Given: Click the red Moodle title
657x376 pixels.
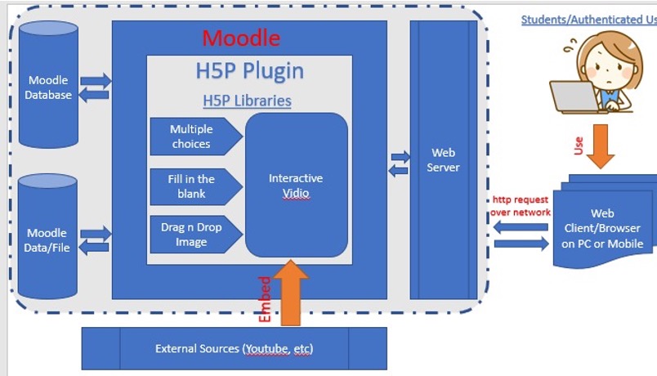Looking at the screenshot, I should [241, 38].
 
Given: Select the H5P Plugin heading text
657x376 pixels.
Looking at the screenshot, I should [249, 71].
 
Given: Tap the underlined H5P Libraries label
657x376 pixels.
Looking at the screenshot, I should [247, 101].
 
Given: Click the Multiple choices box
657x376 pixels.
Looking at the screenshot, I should [193, 137].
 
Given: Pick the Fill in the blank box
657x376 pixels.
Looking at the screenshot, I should [193, 186].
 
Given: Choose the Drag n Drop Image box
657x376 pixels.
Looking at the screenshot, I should [193, 235].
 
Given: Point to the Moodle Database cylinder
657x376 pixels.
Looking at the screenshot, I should [49, 87].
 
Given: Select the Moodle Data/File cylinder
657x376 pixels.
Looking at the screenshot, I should [47, 239].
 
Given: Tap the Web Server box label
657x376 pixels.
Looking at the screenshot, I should [444, 160].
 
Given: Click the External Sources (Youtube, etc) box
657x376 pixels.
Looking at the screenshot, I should [234, 349].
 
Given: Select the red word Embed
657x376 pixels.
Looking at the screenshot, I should [264, 298].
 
